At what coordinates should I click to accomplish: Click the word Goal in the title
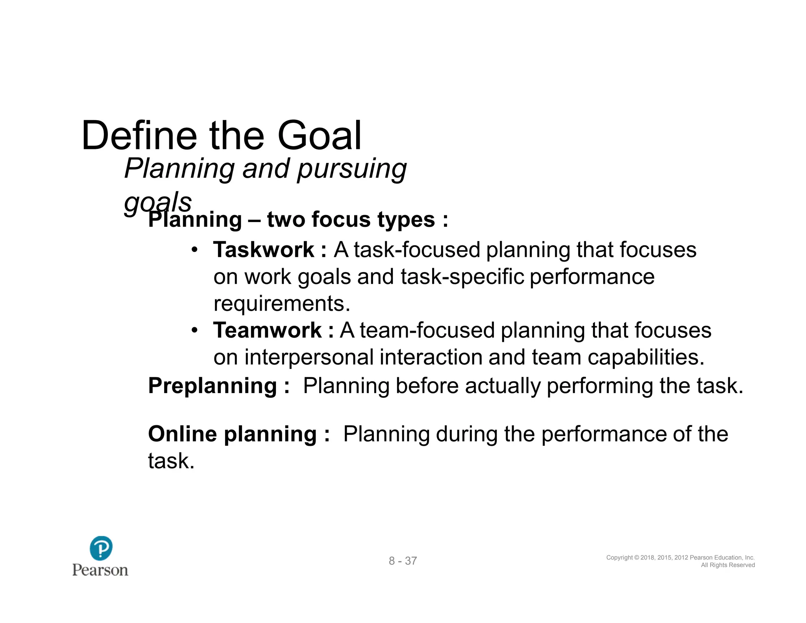coord(319,135)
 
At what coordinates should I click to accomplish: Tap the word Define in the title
coord(139,135)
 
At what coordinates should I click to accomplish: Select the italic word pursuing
coord(351,169)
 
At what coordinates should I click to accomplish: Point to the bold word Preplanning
coord(213,386)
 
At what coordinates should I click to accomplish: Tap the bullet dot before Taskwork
coord(194,250)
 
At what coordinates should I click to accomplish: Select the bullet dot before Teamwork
coord(194,330)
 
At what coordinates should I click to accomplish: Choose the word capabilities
coord(646,357)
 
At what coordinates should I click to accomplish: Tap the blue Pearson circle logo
coord(101,548)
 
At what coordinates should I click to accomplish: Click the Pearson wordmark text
coord(100,570)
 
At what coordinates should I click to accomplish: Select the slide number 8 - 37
coord(403,561)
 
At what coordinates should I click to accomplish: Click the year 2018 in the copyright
coord(648,558)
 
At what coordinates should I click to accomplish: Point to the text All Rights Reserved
coord(728,565)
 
